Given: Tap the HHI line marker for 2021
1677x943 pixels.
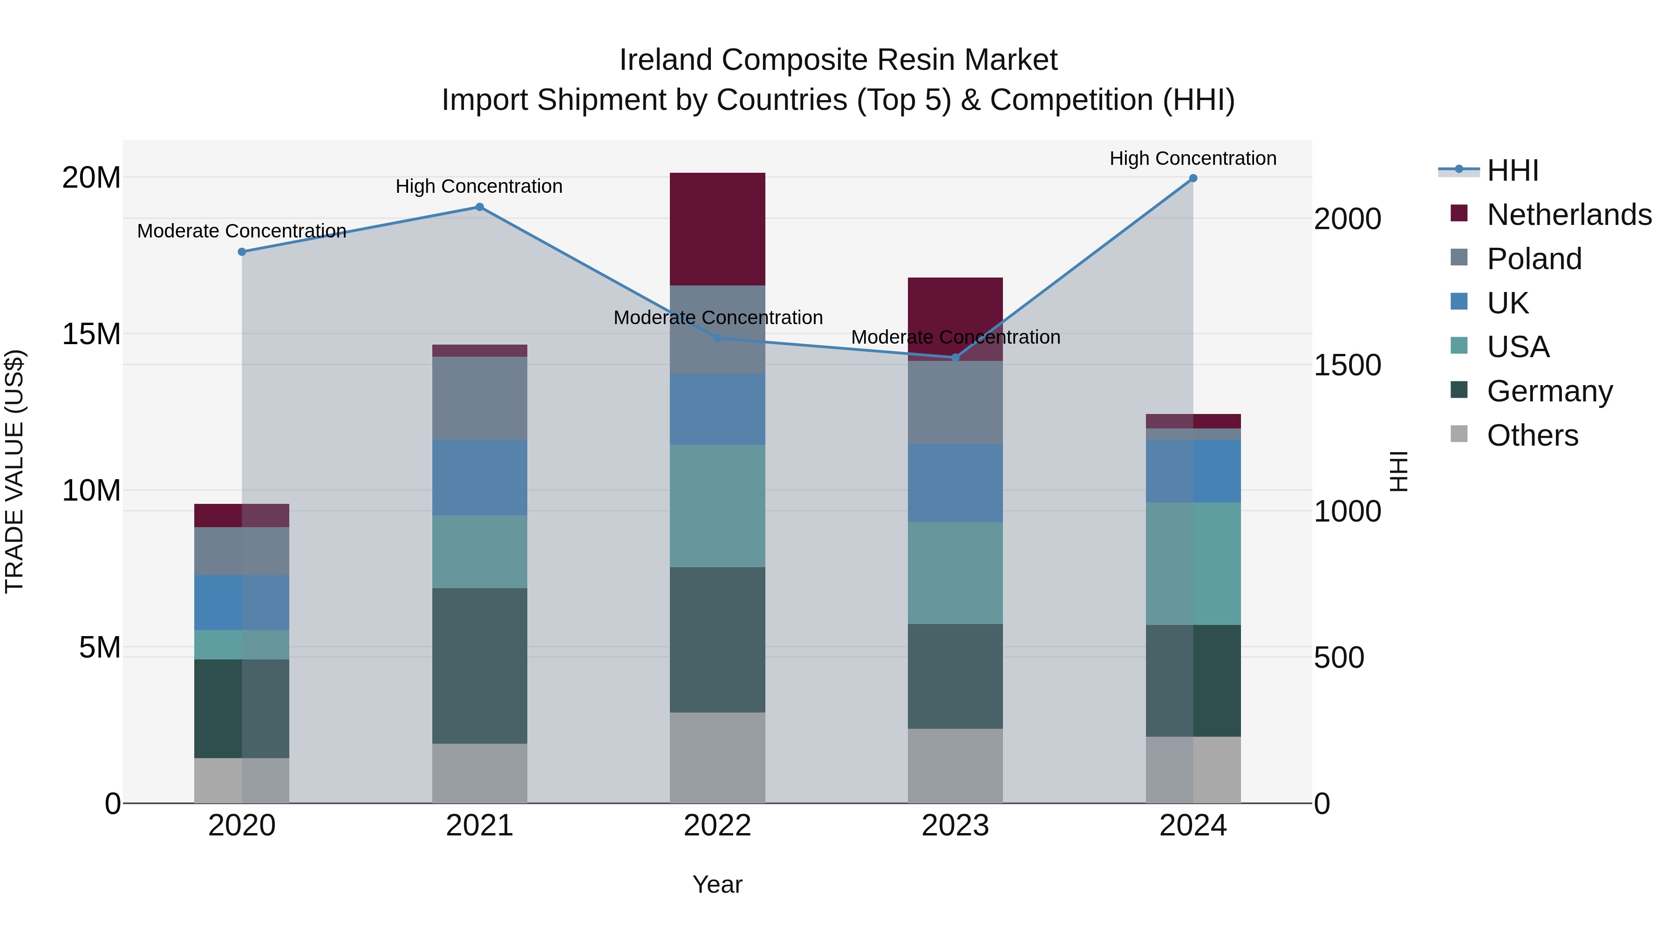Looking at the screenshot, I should click(479, 207).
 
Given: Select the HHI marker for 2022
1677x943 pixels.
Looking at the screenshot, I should click(717, 338).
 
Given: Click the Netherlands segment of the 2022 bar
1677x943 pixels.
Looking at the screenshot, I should click(717, 229).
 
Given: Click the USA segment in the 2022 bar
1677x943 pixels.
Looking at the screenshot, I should click(717, 506).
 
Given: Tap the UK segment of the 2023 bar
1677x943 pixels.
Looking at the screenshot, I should click(955, 483).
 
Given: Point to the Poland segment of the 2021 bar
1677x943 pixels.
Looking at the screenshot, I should click(479, 398).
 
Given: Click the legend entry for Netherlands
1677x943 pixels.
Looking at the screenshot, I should click(1569, 215).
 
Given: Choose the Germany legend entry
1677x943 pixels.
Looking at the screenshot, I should click(1549, 391).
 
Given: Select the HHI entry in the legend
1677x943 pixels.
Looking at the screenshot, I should click(1512, 170).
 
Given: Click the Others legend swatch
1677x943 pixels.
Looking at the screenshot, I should click(1459, 434).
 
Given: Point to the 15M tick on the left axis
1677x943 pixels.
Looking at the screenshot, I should click(91, 334).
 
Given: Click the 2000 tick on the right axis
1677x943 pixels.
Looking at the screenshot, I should click(1347, 219).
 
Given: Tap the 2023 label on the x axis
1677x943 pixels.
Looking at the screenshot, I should click(955, 826).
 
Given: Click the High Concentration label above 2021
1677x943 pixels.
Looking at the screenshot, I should click(479, 186).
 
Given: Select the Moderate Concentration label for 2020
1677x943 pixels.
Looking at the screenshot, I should click(241, 231).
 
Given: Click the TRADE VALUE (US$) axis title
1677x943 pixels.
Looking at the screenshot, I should click(14, 471).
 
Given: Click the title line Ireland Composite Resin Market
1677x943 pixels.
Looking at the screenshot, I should click(838, 60).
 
